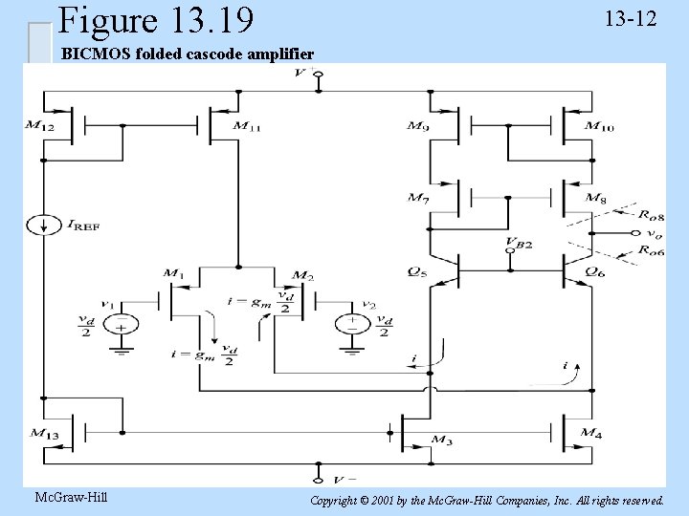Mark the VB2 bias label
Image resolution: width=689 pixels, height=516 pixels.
click(518, 244)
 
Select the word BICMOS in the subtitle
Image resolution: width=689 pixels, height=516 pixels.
click(93, 54)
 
